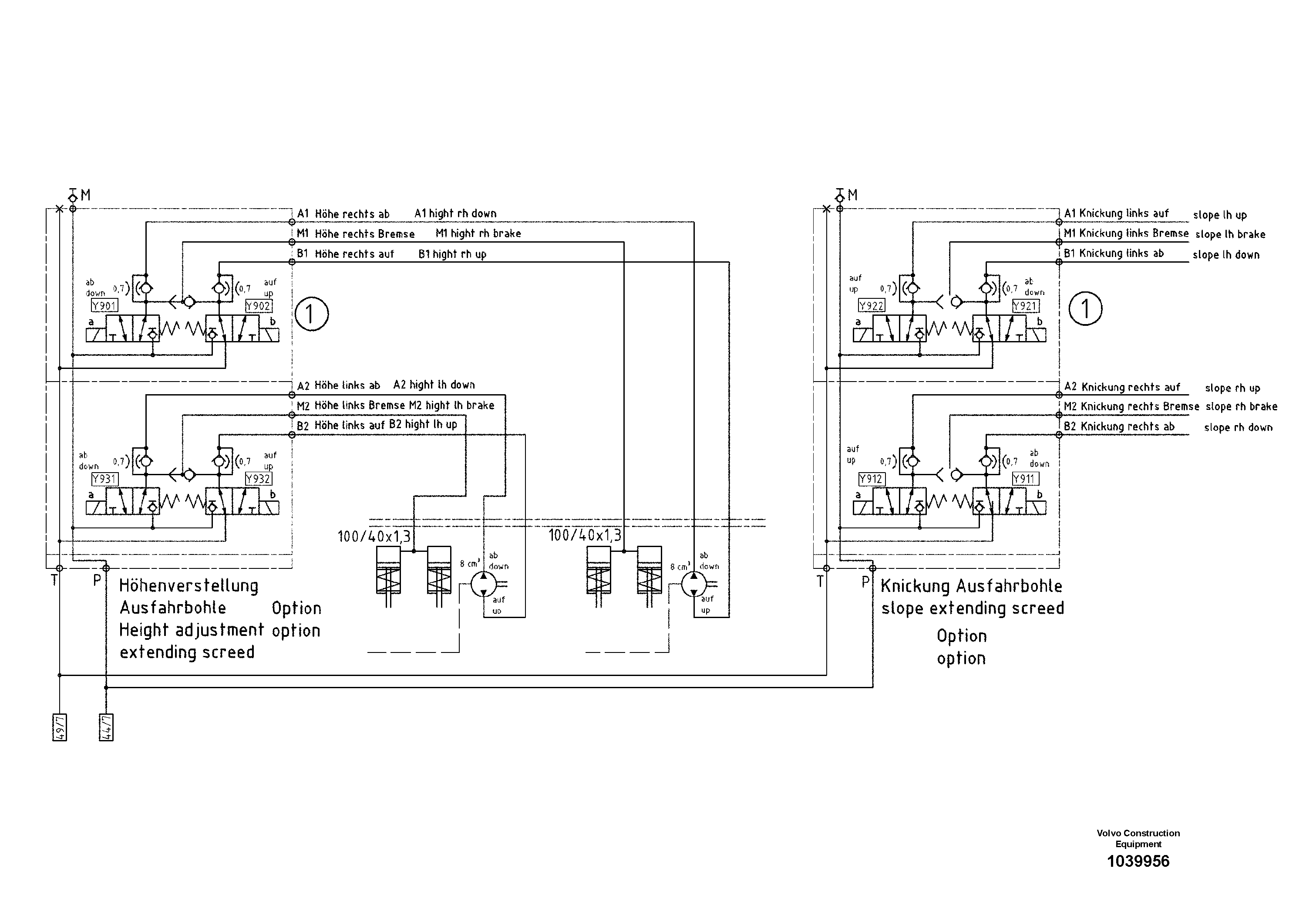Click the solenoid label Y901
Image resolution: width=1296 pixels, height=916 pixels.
click(x=104, y=306)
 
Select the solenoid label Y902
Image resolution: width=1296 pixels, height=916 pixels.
click(x=259, y=306)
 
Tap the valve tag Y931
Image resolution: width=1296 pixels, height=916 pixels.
click(x=104, y=479)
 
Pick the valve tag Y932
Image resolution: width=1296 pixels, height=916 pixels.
click(x=259, y=479)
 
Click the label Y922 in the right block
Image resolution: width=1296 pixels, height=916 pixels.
click(x=872, y=305)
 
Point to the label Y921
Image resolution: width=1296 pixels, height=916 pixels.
click(x=1025, y=306)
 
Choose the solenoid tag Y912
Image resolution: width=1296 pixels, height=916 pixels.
click(x=872, y=479)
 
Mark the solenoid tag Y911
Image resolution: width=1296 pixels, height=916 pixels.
click(x=1025, y=479)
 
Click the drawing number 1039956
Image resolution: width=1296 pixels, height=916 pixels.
click(x=1138, y=861)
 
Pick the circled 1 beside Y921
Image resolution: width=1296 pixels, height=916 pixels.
click(x=1085, y=308)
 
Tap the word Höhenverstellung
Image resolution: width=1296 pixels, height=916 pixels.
click(x=189, y=586)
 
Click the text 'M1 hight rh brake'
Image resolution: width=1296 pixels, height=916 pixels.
click(x=478, y=233)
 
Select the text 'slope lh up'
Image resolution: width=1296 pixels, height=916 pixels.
click(x=1219, y=215)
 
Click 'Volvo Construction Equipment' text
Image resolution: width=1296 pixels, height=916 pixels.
click(x=1138, y=838)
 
